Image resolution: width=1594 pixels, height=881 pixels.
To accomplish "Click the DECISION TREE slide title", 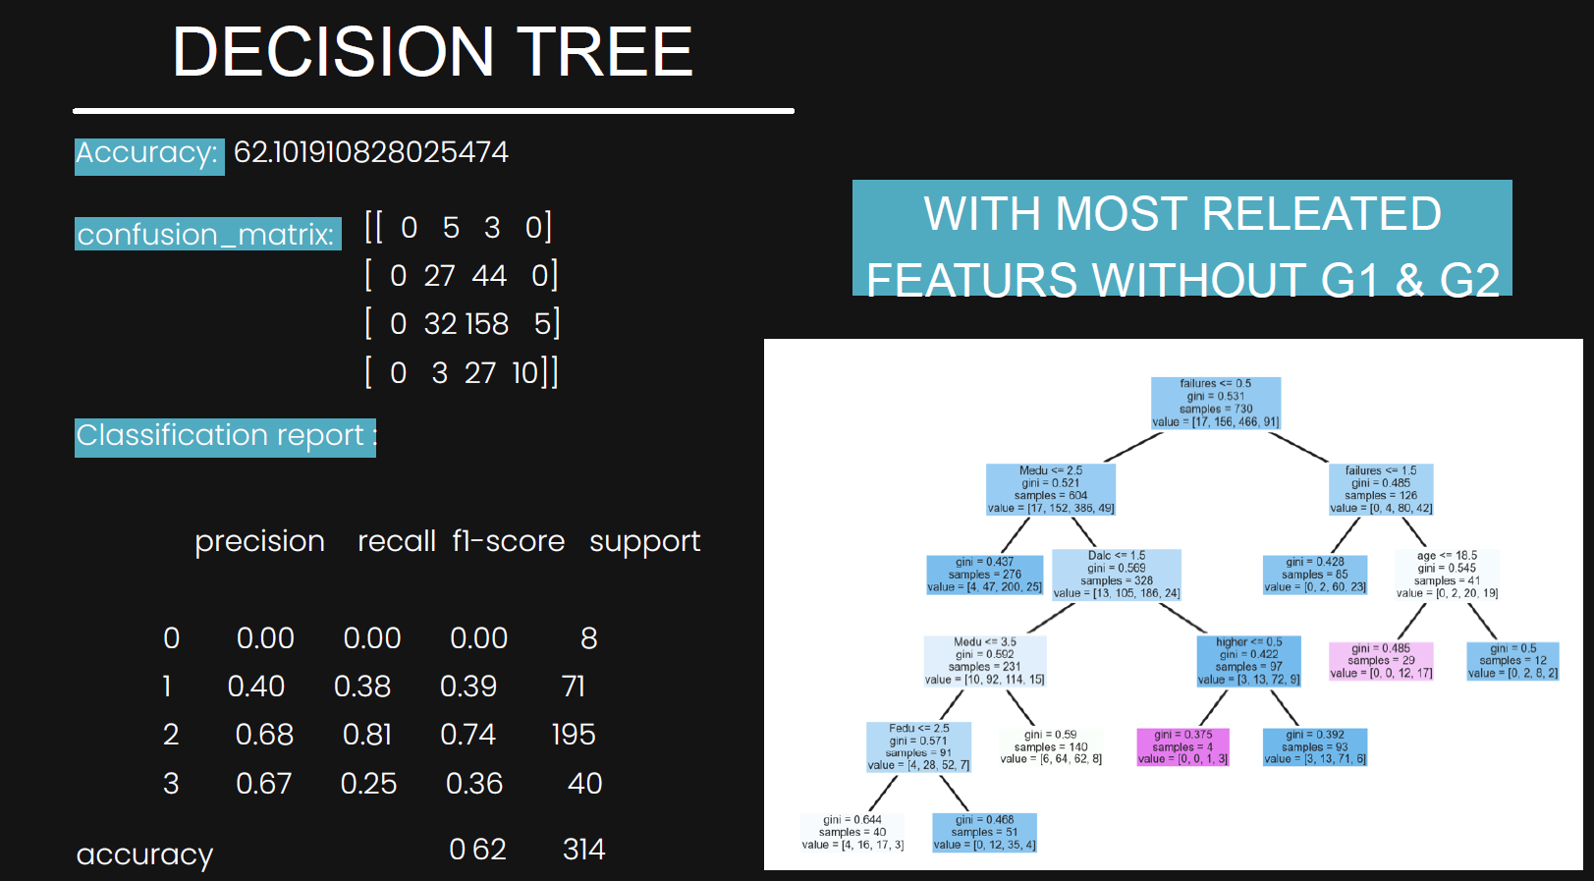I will click(x=432, y=52).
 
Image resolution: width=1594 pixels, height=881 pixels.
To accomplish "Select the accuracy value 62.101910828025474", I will click(x=371, y=152).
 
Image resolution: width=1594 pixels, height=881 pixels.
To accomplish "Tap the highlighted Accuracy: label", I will click(x=148, y=154).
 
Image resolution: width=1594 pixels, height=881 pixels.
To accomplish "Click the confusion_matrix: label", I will click(x=207, y=235).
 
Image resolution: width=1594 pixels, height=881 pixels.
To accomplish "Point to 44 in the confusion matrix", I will click(x=488, y=275).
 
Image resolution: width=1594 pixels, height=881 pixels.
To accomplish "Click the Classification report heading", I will click(x=225, y=436).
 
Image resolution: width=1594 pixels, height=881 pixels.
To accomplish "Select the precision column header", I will click(x=259, y=541).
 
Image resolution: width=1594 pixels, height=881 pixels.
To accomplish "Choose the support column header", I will click(x=644, y=541).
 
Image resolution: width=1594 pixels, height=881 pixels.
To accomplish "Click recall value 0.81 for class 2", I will click(x=367, y=735).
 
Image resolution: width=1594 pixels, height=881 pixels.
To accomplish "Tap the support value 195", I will click(x=574, y=735).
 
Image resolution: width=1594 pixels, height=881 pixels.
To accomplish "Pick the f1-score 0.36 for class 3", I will click(x=474, y=784).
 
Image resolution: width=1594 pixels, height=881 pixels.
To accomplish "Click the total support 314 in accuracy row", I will click(x=583, y=850).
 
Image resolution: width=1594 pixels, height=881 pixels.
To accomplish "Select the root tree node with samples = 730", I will click(x=1216, y=403).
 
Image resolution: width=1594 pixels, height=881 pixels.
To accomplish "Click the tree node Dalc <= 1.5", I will click(x=1117, y=575).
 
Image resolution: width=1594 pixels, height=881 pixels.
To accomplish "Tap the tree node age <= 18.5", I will click(x=1447, y=575).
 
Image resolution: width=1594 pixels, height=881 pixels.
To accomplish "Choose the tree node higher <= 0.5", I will click(x=1248, y=661).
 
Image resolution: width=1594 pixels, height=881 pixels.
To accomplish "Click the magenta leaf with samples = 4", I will click(x=1182, y=746).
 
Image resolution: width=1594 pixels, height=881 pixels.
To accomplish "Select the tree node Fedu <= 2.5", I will click(x=918, y=746).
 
